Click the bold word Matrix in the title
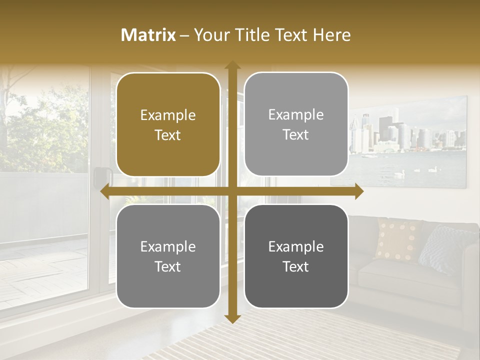coord(148,35)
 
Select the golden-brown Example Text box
coord(168,124)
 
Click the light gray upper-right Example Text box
coord(296,124)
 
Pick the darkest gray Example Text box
coord(296,256)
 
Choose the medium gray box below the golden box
coord(168,256)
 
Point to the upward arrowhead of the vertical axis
coord(232,65)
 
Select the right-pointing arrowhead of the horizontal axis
coord(359,191)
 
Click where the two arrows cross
coord(232,191)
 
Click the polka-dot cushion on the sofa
coord(398,239)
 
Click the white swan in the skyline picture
coord(399,173)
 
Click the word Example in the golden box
coord(168,115)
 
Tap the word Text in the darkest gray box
coord(296,266)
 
